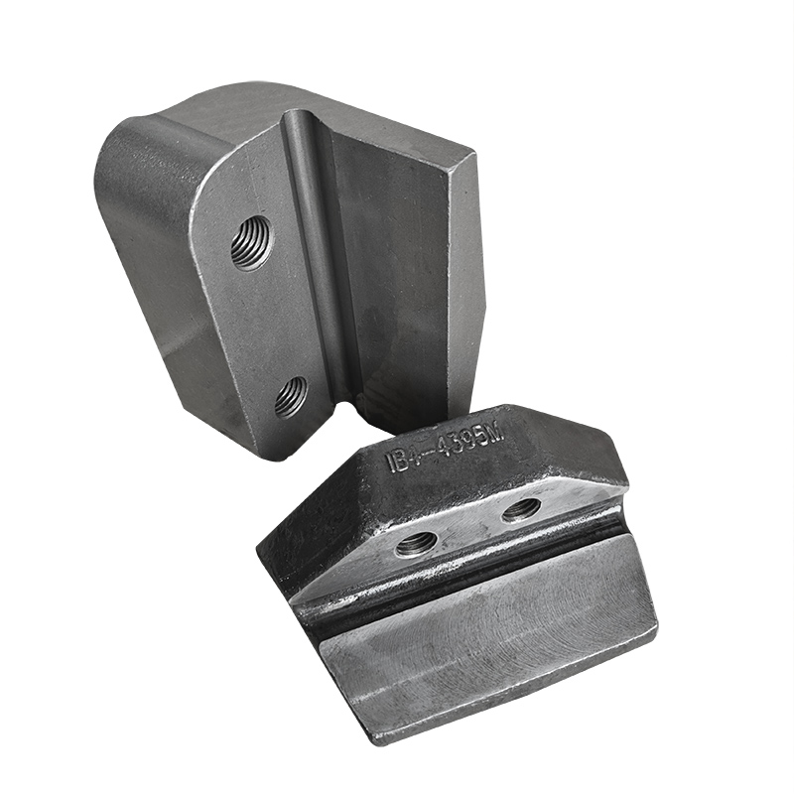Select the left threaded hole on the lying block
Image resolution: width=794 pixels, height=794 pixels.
[x=416, y=543]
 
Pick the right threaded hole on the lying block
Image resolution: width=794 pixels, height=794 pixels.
[x=521, y=510]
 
